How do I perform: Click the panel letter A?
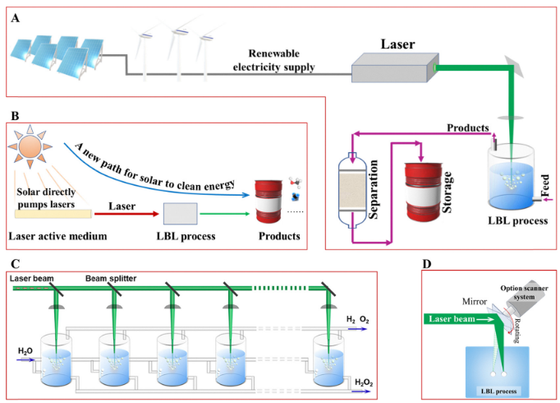pyautogui.click(x=16, y=17)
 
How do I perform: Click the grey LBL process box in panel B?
pyautogui.click(x=180, y=213)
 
